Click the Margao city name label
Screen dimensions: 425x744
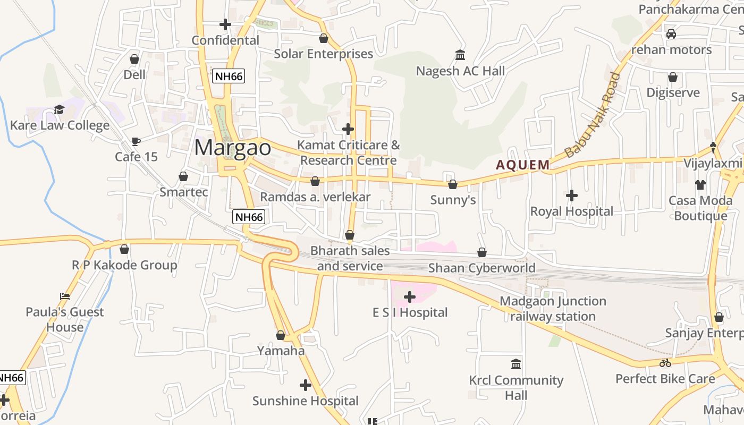232,148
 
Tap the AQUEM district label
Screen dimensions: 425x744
523,165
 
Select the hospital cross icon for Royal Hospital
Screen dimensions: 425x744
572,195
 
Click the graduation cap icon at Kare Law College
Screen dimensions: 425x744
59,110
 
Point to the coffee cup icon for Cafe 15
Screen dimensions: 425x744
136,141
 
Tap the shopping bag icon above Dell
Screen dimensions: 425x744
134,59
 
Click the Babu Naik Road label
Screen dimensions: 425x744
593,115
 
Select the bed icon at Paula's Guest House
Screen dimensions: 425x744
65,296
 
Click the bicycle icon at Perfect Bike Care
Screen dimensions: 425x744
665,363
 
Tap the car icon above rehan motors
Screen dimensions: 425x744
671,34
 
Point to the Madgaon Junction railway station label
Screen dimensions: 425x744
553,309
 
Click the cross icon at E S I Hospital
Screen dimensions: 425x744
409,297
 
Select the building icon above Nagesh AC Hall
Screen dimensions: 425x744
460,55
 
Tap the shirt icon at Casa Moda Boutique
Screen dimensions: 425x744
700,185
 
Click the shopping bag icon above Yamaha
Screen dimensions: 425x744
281,335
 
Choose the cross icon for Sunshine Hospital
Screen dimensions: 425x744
306,385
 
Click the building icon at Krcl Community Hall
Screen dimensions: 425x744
515,364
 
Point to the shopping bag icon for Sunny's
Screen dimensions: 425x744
453,184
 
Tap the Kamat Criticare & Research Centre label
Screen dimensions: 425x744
348,152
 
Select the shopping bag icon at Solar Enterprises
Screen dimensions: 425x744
323,38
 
